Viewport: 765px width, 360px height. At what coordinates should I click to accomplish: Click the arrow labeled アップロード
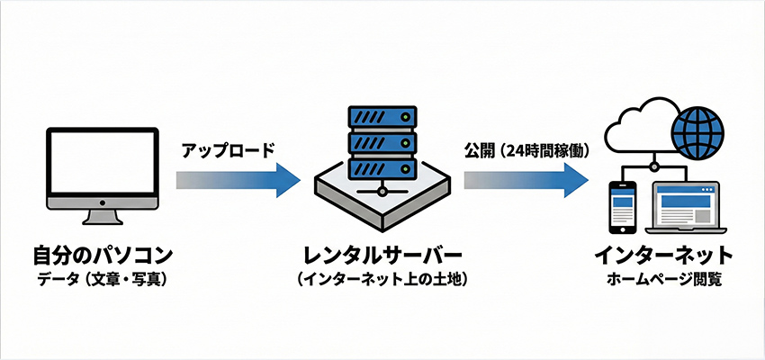pyautogui.click(x=238, y=179)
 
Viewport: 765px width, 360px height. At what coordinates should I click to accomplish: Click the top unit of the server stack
pyautogui.click(x=382, y=118)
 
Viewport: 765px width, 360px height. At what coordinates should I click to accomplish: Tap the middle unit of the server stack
pyautogui.click(x=382, y=144)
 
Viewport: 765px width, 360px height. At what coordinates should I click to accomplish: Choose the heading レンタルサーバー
pyautogui.click(x=382, y=254)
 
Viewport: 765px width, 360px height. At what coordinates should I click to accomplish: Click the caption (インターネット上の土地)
pyautogui.click(x=382, y=280)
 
